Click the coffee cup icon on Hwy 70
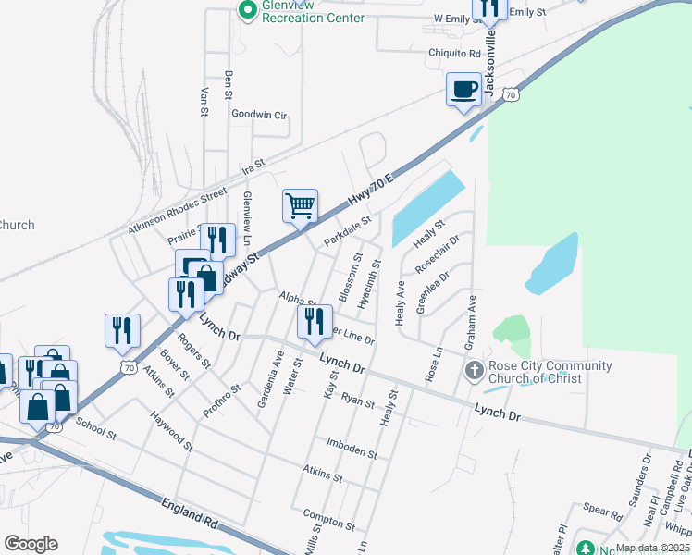click(x=464, y=90)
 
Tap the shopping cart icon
click(x=300, y=205)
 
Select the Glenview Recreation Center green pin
click(x=247, y=11)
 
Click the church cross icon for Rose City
click(x=473, y=372)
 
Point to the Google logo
click(x=31, y=544)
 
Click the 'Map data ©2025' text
click(x=652, y=548)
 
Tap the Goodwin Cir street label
click(x=259, y=116)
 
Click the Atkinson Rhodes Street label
click(x=178, y=209)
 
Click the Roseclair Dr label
click(x=438, y=253)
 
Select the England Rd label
click(x=189, y=512)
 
